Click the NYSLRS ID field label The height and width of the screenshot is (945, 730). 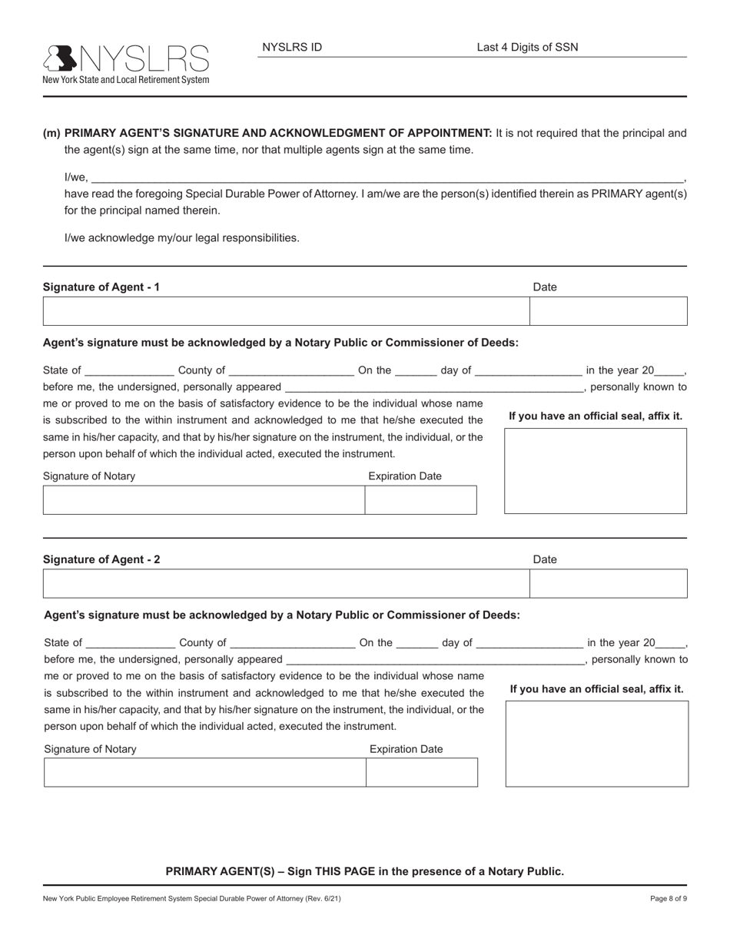pyautogui.click(x=292, y=47)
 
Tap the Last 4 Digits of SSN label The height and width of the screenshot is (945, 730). pyautogui.click(x=527, y=47)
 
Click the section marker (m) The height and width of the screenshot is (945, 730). pyautogui.click(x=51, y=133)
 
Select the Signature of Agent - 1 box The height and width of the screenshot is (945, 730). pyautogui.click(x=286, y=311)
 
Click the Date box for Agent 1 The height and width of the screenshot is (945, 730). pyautogui.click(x=609, y=311)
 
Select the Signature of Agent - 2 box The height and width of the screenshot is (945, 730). pyautogui.click(x=286, y=583)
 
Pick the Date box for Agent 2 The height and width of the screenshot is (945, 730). pyautogui.click(x=609, y=583)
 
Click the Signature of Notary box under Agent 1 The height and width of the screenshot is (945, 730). pyautogui.click(x=204, y=499)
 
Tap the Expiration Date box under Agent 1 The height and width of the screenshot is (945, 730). pyautogui.click(x=420, y=499)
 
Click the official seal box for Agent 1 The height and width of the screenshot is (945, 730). pyautogui.click(x=596, y=470)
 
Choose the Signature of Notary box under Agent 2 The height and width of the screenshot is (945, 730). pyautogui.click(x=204, y=772)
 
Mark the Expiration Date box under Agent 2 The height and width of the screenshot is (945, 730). pyautogui.click(x=422, y=772)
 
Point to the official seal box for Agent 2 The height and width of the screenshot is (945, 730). pyautogui.click(x=597, y=743)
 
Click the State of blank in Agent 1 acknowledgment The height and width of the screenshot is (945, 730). pyautogui.click(x=130, y=370)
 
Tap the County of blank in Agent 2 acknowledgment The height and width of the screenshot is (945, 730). pyautogui.click(x=293, y=643)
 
